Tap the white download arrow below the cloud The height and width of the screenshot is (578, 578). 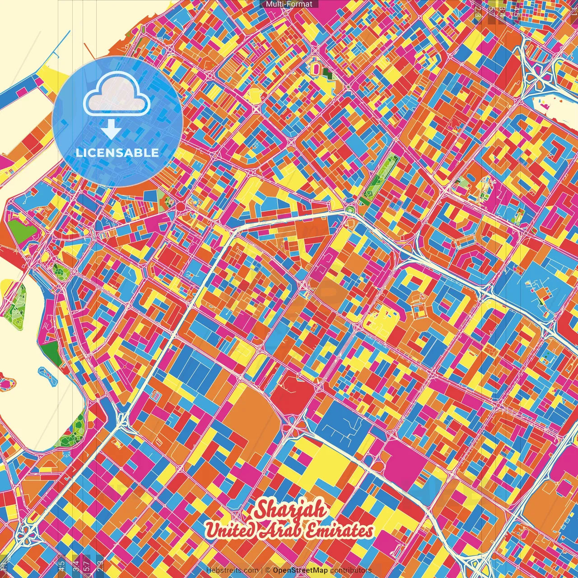111,129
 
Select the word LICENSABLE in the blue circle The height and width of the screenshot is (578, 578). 117,153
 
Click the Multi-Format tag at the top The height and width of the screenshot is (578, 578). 289,4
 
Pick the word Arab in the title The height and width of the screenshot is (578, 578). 280,530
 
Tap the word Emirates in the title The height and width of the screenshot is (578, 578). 339,530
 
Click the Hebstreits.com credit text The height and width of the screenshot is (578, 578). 232,570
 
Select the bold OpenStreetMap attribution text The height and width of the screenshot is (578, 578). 300,570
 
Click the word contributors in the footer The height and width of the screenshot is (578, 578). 351,570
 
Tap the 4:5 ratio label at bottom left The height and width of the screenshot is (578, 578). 61,565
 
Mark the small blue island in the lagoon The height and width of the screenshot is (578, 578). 48,375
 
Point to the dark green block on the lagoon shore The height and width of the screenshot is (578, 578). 53,352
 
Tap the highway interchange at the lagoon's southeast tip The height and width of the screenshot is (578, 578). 121,420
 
